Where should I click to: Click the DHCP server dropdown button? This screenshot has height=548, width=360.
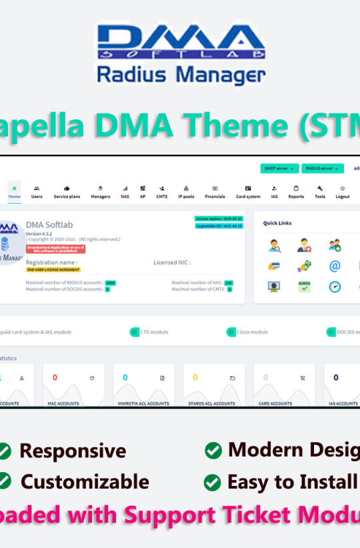(279, 169)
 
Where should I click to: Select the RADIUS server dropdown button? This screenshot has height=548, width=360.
(322, 169)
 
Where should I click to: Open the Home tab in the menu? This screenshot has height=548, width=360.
(14, 191)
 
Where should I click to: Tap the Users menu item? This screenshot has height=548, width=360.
(37, 192)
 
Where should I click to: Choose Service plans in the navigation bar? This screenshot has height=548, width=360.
(67, 192)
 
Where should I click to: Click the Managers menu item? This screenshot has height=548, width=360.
(100, 192)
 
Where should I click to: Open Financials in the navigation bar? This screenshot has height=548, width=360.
(215, 192)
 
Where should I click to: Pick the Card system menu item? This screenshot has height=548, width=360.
(248, 192)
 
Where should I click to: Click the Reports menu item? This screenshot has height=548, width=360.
(296, 192)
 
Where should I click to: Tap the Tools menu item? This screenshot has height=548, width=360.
(320, 192)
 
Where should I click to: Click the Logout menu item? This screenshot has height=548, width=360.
(342, 192)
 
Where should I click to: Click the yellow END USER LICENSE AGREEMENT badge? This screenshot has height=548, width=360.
(53, 269)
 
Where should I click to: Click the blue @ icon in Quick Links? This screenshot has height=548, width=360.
(335, 266)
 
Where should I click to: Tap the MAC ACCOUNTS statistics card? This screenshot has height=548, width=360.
(73, 385)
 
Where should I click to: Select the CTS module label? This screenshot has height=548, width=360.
(154, 331)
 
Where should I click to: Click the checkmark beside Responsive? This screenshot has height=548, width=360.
(5, 451)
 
